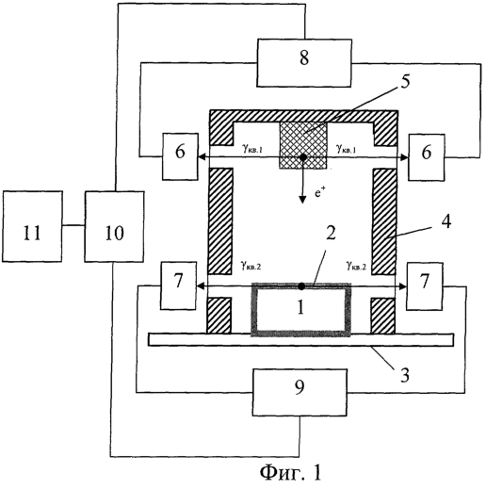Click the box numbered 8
(x=304, y=63)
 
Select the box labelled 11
(x=32, y=226)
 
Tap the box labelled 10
(x=114, y=226)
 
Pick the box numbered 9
(x=300, y=392)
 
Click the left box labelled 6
(x=180, y=156)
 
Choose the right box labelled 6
(x=427, y=157)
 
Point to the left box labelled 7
(x=178, y=285)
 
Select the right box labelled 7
(x=425, y=286)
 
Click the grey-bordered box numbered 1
(x=300, y=310)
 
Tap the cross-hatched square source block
(x=303, y=145)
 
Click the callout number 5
(x=405, y=82)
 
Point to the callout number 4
(x=445, y=221)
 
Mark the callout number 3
(x=405, y=375)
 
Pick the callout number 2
(x=331, y=234)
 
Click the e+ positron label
(x=318, y=193)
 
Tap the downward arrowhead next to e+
(x=302, y=200)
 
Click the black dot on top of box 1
(x=301, y=285)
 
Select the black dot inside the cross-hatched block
(x=302, y=157)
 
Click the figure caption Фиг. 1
(x=291, y=472)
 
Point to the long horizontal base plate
(x=300, y=340)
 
